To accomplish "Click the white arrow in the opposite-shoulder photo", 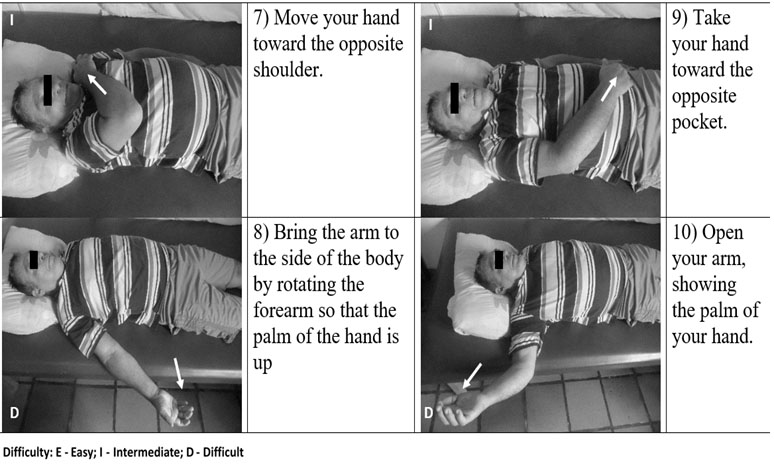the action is tap(97, 84).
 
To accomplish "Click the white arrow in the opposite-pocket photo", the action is tap(609, 89).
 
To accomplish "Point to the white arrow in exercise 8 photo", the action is tap(178, 373).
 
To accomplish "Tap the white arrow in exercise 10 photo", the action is tap(472, 376).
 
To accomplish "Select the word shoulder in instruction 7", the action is tap(288, 70).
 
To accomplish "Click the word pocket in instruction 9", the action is tap(699, 121).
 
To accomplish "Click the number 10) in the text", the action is tap(684, 232).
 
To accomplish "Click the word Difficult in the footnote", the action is tap(223, 452).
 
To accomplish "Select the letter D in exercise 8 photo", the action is tap(14, 412).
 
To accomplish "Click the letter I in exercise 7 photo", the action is tap(12, 20).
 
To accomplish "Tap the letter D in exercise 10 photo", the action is tap(428, 412).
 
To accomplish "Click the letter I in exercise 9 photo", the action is tap(430, 24).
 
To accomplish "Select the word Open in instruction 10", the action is tap(722, 232).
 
